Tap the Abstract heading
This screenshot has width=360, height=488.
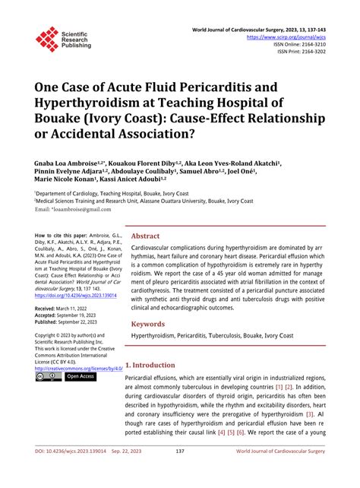pyautogui.click(x=145, y=236)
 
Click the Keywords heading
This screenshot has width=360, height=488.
pyautogui.click(x=148, y=324)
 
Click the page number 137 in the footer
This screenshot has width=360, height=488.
pyautogui.click(x=180, y=472)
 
